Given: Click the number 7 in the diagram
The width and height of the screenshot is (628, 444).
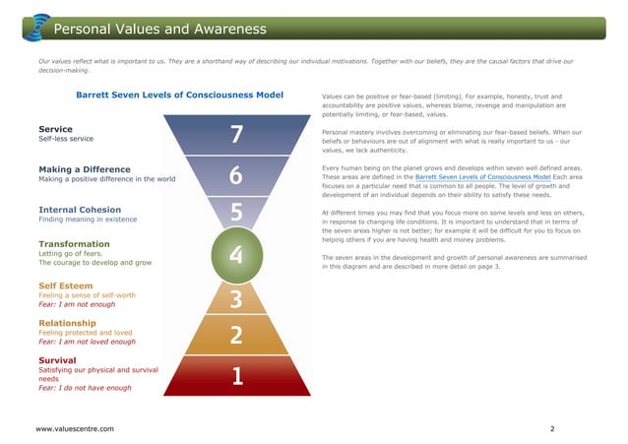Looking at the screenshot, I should [235, 134].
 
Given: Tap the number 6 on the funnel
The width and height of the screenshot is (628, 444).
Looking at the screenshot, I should [235, 174].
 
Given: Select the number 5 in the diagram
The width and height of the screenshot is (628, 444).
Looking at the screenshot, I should [236, 213].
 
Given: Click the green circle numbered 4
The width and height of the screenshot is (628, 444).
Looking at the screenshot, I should [235, 255].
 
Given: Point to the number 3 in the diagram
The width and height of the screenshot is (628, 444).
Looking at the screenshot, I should [236, 297].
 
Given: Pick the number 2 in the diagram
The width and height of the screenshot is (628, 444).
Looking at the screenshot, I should [236, 336].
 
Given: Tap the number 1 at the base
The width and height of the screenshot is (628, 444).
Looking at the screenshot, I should [236, 376].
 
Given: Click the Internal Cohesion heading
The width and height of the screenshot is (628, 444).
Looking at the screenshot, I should [79, 210].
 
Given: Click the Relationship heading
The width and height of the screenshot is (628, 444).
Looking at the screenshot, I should [67, 323].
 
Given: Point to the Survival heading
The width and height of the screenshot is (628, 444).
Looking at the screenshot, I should [59, 361].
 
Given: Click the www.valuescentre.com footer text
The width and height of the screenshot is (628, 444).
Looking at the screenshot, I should [74, 429].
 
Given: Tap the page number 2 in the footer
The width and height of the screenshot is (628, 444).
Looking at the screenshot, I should [552, 429].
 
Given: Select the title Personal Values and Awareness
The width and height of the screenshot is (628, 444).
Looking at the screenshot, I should [159, 28].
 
